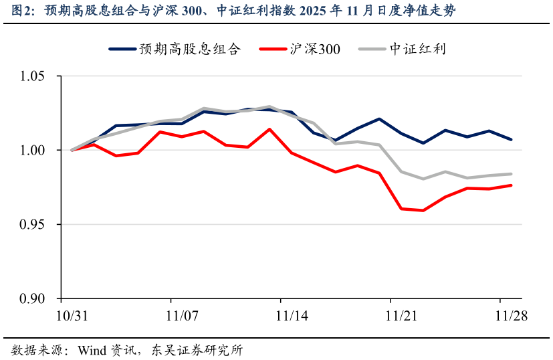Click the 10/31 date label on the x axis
tap(72, 317)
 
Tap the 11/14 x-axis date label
tap(292, 317)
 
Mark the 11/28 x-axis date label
tap(511, 317)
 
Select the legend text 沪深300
tap(315, 49)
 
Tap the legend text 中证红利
tap(418, 49)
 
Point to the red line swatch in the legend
tap(273, 49)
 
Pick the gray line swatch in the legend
tap(372, 49)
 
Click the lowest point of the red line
tap(423, 210)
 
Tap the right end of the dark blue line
tap(512, 139)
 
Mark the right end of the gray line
tap(512, 174)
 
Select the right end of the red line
tap(512, 185)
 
